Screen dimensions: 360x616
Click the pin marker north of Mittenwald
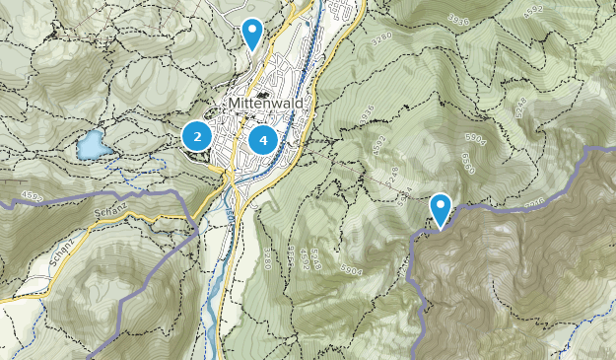[253, 34]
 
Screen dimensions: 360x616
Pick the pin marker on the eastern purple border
[440, 209]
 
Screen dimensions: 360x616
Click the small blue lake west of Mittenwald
[94, 145]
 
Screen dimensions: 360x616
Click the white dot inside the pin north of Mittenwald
[253, 30]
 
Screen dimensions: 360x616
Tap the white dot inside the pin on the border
[440, 205]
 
